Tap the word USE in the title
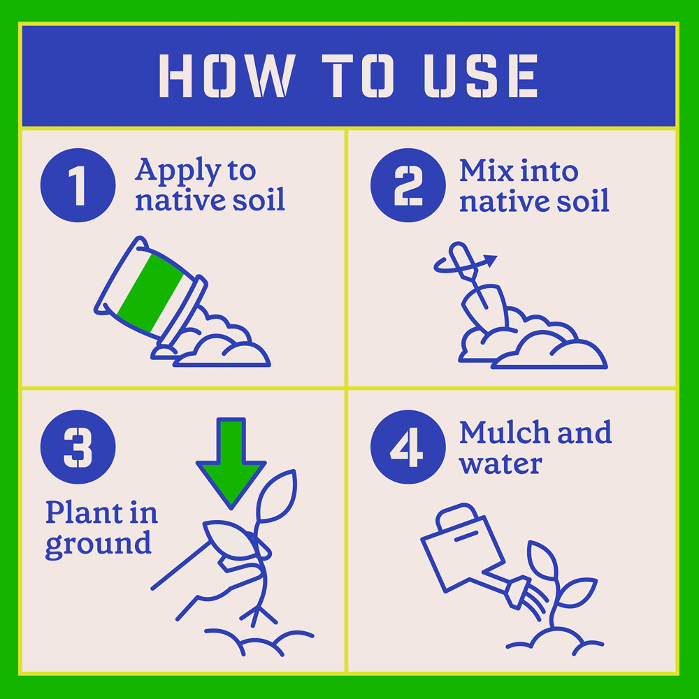tap(481, 75)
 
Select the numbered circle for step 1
tap(78, 185)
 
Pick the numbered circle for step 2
tap(408, 185)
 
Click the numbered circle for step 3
tap(78, 447)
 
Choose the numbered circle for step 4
tap(408, 447)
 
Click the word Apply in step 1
tap(178, 171)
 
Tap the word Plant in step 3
tap(84, 512)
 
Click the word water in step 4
tap(500, 464)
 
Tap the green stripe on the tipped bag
tap(150, 292)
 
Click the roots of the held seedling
tap(259, 614)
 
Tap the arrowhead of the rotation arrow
tap(490, 261)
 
